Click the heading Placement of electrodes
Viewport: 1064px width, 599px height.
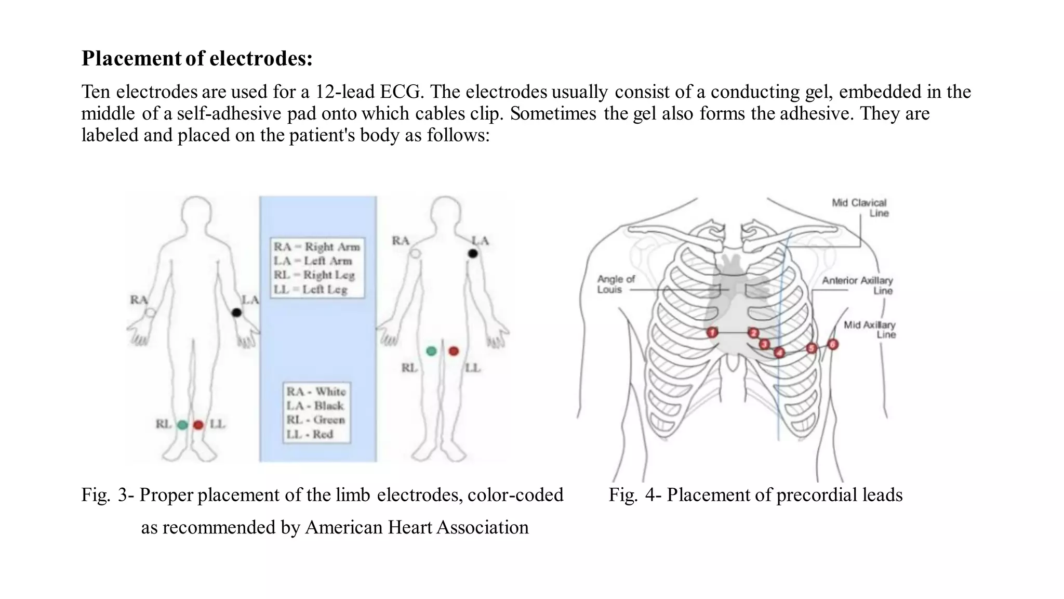pos(197,58)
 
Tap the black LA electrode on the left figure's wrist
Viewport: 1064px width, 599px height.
pos(236,312)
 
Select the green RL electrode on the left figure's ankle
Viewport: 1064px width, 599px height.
pos(182,425)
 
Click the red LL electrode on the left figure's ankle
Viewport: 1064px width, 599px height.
pos(198,425)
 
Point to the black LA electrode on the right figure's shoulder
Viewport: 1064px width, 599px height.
pos(473,253)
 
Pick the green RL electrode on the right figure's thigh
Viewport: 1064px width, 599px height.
pos(431,351)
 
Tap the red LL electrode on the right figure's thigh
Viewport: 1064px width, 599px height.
pos(454,351)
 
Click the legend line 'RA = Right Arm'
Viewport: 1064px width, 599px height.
pos(317,246)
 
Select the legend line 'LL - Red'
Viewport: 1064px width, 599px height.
pos(310,434)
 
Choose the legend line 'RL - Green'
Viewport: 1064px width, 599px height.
pos(316,420)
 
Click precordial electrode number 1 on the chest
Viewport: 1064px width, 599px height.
pos(712,332)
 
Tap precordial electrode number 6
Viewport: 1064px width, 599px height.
pos(833,344)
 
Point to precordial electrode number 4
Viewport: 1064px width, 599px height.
pos(779,353)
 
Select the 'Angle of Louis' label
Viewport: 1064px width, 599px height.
pos(616,284)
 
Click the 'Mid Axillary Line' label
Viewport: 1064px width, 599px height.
pos(870,330)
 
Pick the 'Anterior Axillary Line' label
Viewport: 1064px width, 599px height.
pos(858,285)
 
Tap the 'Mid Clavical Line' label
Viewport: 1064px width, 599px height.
pos(860,207)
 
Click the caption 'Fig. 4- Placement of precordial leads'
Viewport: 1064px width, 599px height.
pos(755,494)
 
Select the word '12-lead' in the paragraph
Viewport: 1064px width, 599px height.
pos(344,92)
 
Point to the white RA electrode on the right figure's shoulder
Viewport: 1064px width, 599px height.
pos(415,254)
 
